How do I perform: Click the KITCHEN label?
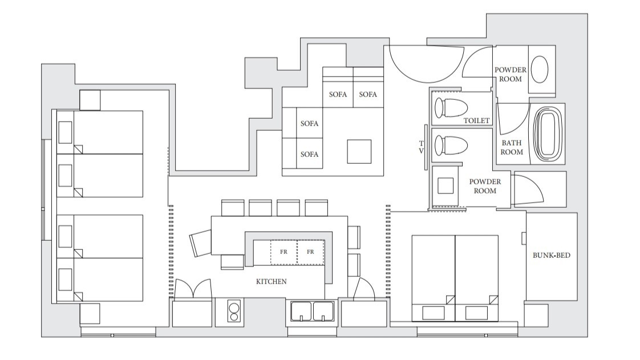[x=271, y=282]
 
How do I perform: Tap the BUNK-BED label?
[x=551, y=256]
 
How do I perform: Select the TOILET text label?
[x=476, y=121]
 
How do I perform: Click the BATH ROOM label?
[x=512, y=147]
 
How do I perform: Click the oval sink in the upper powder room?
[x=540, y=70]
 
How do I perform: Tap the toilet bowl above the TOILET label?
[x=451, y=108]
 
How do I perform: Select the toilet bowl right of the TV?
[x=451, y=145]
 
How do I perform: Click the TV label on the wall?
[x=421, y=147]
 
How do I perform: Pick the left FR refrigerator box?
[x=283, y=252]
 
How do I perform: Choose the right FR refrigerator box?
[x=311, y=252]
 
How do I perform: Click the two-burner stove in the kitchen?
[x=234, y=312]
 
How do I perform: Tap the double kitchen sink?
[x=312, y=312]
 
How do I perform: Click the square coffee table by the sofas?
[x=359, y=152]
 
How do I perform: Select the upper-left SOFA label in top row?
[x=338, y=94]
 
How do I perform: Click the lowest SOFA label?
[x=309, y=154]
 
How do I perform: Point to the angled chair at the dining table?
[x=201, y=243]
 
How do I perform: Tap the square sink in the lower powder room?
[x=445, y=186]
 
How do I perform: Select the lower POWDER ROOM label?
[x=485, y=186]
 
